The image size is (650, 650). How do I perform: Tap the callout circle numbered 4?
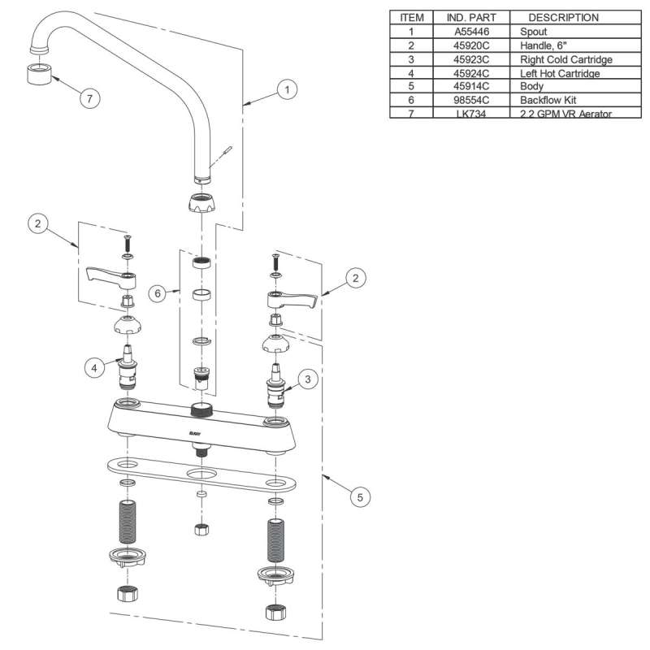[95, 368]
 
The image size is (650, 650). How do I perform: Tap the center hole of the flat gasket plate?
[200, 474]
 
